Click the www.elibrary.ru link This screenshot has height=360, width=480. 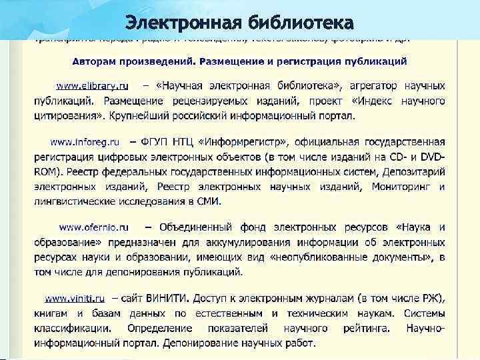click(91, 86)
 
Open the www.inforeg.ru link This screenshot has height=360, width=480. click(85, 142)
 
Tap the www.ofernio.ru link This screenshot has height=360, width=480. click(94, 227)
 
